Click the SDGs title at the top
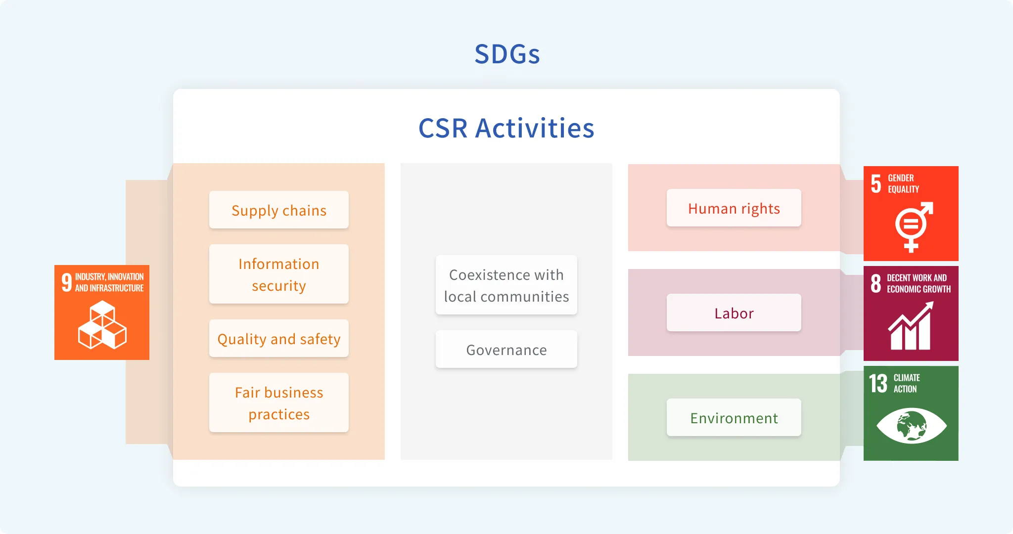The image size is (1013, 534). (507, 54)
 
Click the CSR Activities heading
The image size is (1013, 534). (506, 128)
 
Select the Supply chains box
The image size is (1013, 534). (279, 210)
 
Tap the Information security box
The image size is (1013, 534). (279, 274)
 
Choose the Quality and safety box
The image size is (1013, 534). (279, 338)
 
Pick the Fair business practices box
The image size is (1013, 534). (279, 402)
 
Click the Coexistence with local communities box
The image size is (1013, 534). (506, 285)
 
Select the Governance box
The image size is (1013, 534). (506, 349)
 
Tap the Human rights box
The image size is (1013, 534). (734, 208)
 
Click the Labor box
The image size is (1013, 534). (734, 312)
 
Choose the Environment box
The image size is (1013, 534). (734, 417)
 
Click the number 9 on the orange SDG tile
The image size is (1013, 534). (67, 282)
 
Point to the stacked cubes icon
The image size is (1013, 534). (102, 325)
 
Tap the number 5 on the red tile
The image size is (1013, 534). (876, 184)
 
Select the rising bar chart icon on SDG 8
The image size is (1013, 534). (911, 326)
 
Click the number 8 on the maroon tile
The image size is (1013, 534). (876, 284)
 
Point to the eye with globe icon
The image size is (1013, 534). (912, 426)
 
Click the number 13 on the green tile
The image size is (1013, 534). (878, 383)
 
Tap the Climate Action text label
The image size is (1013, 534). (906, 383)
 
